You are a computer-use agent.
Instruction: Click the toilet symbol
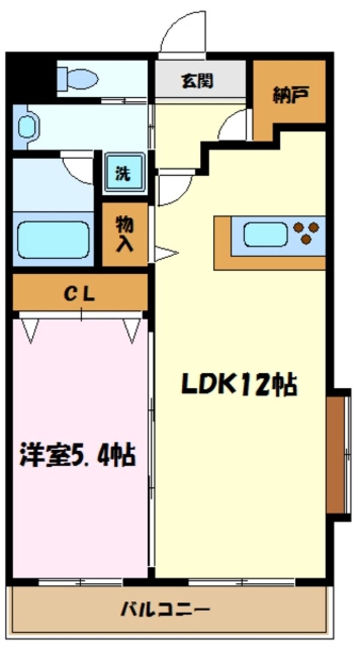point(79,79)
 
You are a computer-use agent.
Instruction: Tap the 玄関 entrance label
point(197,82)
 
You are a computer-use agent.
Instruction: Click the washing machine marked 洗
point(125,173)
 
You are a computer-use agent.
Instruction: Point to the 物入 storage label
point(124,234)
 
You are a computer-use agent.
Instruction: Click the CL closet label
point(79,294)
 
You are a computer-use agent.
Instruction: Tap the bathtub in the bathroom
point(53,239)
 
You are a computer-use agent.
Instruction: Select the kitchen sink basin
point(266,234)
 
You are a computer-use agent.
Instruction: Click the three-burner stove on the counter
point(306,232)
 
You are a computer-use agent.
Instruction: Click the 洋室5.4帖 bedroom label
point(77,455)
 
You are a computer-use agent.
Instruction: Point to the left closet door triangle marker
point(29,330)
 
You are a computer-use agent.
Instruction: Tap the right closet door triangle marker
point(132,330)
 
